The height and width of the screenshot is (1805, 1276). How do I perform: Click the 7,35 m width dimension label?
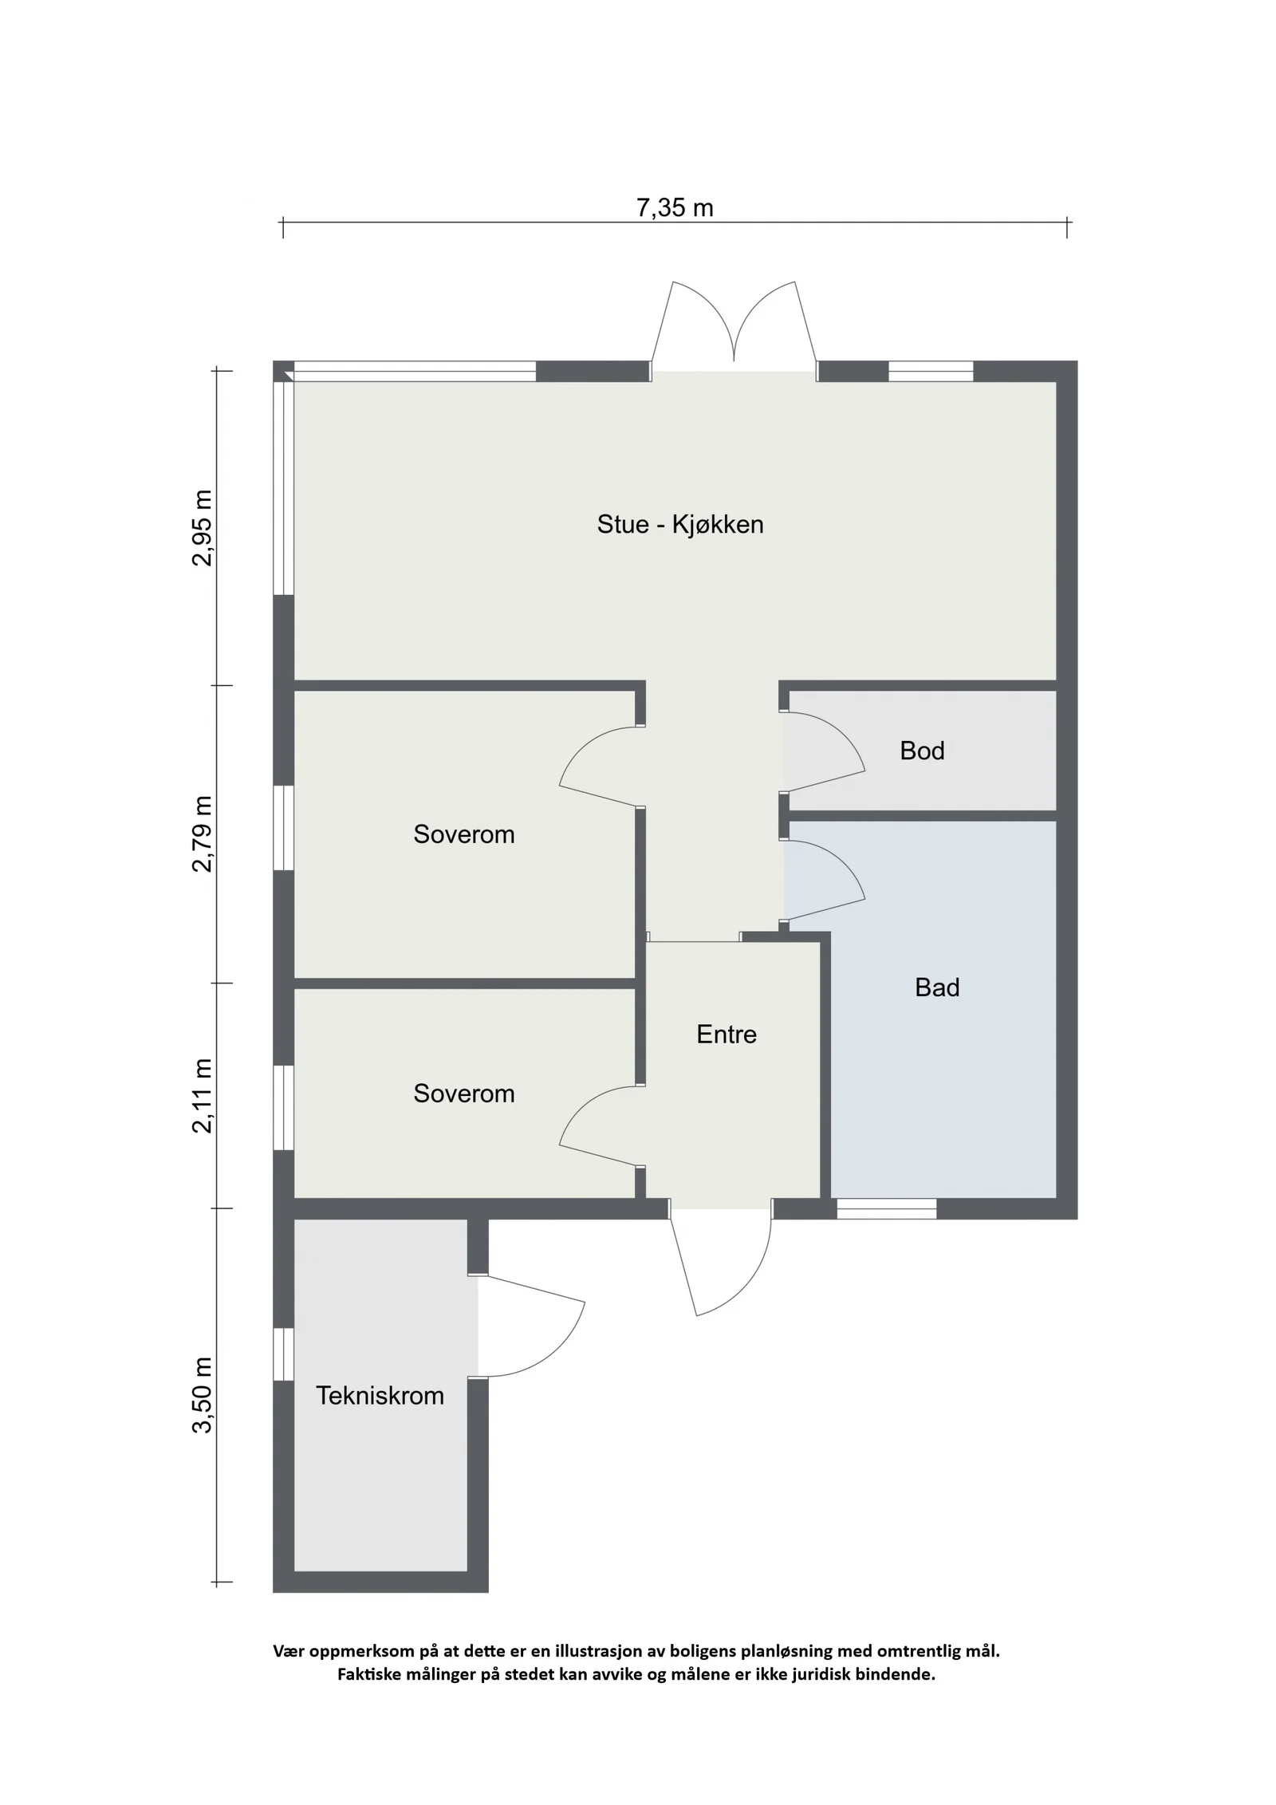click(x=674, y=207)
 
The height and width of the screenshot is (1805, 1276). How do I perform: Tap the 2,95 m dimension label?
click(x=203, y=528)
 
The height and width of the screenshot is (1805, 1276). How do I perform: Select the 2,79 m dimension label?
click(x=203, y=834)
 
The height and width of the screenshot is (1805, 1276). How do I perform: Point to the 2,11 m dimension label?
click(x=203, y=1095)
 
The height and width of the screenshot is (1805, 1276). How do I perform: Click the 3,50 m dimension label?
click(x=203, y=1395)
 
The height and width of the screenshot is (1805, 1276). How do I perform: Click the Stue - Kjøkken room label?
click(x=680, y=524)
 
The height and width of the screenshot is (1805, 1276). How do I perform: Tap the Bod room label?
click(x=922, y=751)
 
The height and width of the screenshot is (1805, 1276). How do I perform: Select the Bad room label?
click(x=937, y=987)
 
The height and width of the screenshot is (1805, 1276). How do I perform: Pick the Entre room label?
click(x=726, y=1035)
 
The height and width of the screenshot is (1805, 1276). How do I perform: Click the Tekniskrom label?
click(x=380, y=1396)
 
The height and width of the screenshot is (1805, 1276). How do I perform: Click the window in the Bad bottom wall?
click(x=886, y=1208)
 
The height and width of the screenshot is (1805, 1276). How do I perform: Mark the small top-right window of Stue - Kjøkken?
click(x=931, y=372)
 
